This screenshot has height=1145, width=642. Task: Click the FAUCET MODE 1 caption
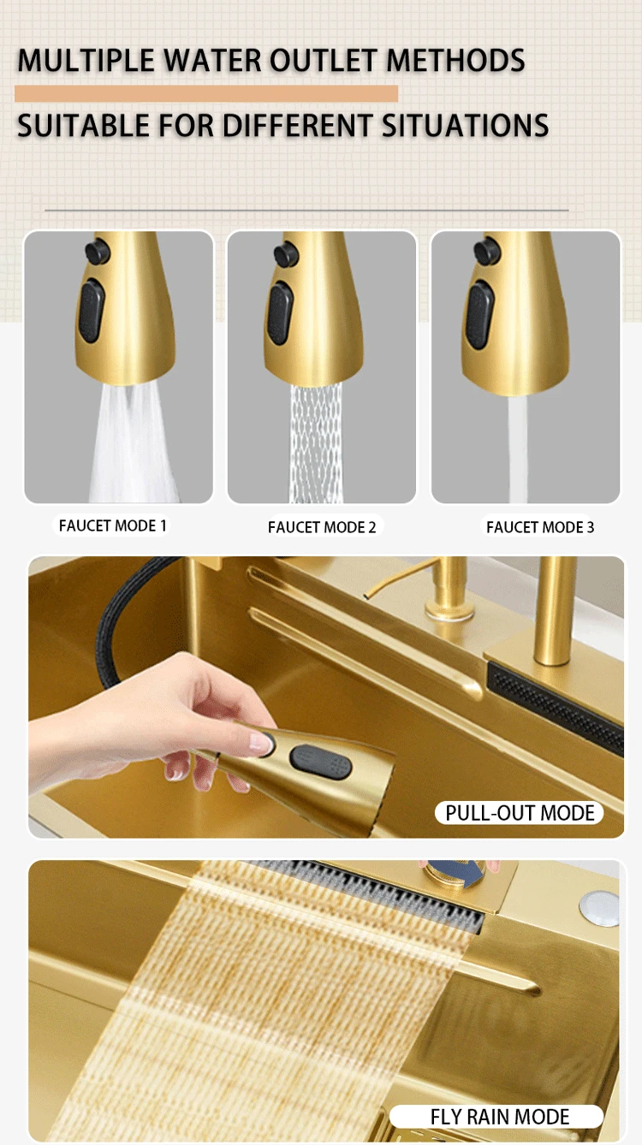pos(112,525)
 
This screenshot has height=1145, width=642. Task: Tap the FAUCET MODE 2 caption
pos(322,527)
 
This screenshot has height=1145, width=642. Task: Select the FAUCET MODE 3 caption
pos(540,527)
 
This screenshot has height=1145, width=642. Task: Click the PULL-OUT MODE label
pos(520,812)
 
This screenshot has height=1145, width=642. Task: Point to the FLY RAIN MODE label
pos(500,1117)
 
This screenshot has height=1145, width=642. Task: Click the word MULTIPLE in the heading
pos(86,61)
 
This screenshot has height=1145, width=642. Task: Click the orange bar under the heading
pos(206,94)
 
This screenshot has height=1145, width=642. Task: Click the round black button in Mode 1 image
pos(98,251)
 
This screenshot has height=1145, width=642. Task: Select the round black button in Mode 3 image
pos(487,250)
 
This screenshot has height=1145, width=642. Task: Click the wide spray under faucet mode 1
pos(134,445)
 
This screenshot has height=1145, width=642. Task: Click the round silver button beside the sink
pos(598,906)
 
